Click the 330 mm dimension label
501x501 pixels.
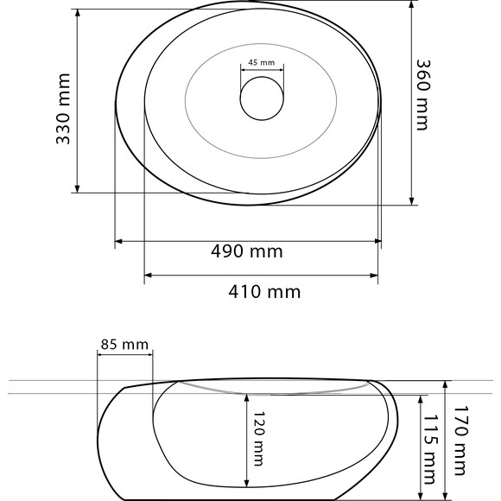(63, 109)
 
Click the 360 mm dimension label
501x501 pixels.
(423, 95)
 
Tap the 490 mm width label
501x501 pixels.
(247, 251)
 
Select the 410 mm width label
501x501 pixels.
(264, 292)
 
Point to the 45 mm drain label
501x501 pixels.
(262, 62)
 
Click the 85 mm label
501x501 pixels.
(124, 345)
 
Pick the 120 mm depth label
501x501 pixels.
(259, 439)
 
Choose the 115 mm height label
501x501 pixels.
(430, 449)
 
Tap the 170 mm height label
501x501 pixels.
(461, 441)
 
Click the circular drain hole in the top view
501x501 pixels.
(262, 98)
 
